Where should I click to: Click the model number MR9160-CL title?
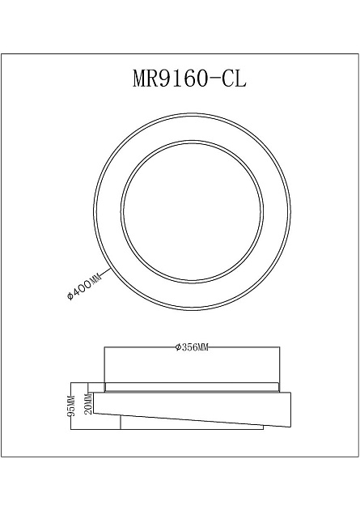pyautogui.click(x=188, y=79)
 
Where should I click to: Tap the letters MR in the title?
pyautogui.click(x=147, y=79)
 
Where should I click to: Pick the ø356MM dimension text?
pyautogui.click(x=192, y=348)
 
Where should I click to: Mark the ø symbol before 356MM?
pyautogui.click(x=177, y=348)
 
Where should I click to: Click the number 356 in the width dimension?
pyautogui.click(x=188, y=348)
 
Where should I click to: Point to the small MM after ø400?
pyautogui.click(x=95, y=276)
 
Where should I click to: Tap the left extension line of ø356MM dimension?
pyautogui.click(x=104, y=364)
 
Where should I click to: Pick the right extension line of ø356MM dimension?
pyautogui.click(x=279, y=364)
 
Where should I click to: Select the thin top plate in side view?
pyautogui.click(x=192, y=387)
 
